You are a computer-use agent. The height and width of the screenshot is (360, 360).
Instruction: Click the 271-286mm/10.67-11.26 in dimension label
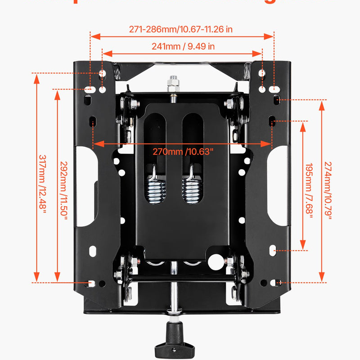(180, 30)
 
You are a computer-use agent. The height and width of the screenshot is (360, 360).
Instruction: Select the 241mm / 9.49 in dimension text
(183, 46)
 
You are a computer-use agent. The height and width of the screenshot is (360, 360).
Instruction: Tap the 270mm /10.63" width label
(183, 151)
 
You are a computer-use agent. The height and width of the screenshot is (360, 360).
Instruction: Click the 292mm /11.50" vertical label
(64, 190)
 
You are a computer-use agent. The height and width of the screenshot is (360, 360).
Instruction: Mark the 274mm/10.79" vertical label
(328, 190)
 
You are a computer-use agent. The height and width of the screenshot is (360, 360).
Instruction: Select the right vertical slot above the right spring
(191, 135)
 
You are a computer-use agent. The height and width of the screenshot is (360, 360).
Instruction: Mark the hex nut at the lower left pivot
(118, 274)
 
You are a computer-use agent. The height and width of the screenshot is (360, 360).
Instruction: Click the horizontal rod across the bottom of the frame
(180, 280)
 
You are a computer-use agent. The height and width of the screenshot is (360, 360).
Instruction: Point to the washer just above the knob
(173, 310)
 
